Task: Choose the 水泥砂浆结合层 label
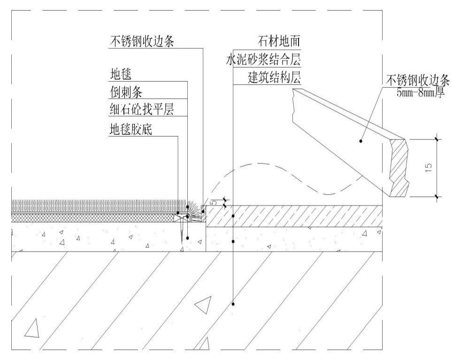263,60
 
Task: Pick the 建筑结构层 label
275,78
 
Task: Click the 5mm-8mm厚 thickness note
421,92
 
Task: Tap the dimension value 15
428,168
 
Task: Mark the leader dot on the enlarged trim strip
361,140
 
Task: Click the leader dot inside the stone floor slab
233,216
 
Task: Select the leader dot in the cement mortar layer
233,241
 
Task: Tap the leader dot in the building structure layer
233,304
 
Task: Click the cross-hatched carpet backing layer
94,217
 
